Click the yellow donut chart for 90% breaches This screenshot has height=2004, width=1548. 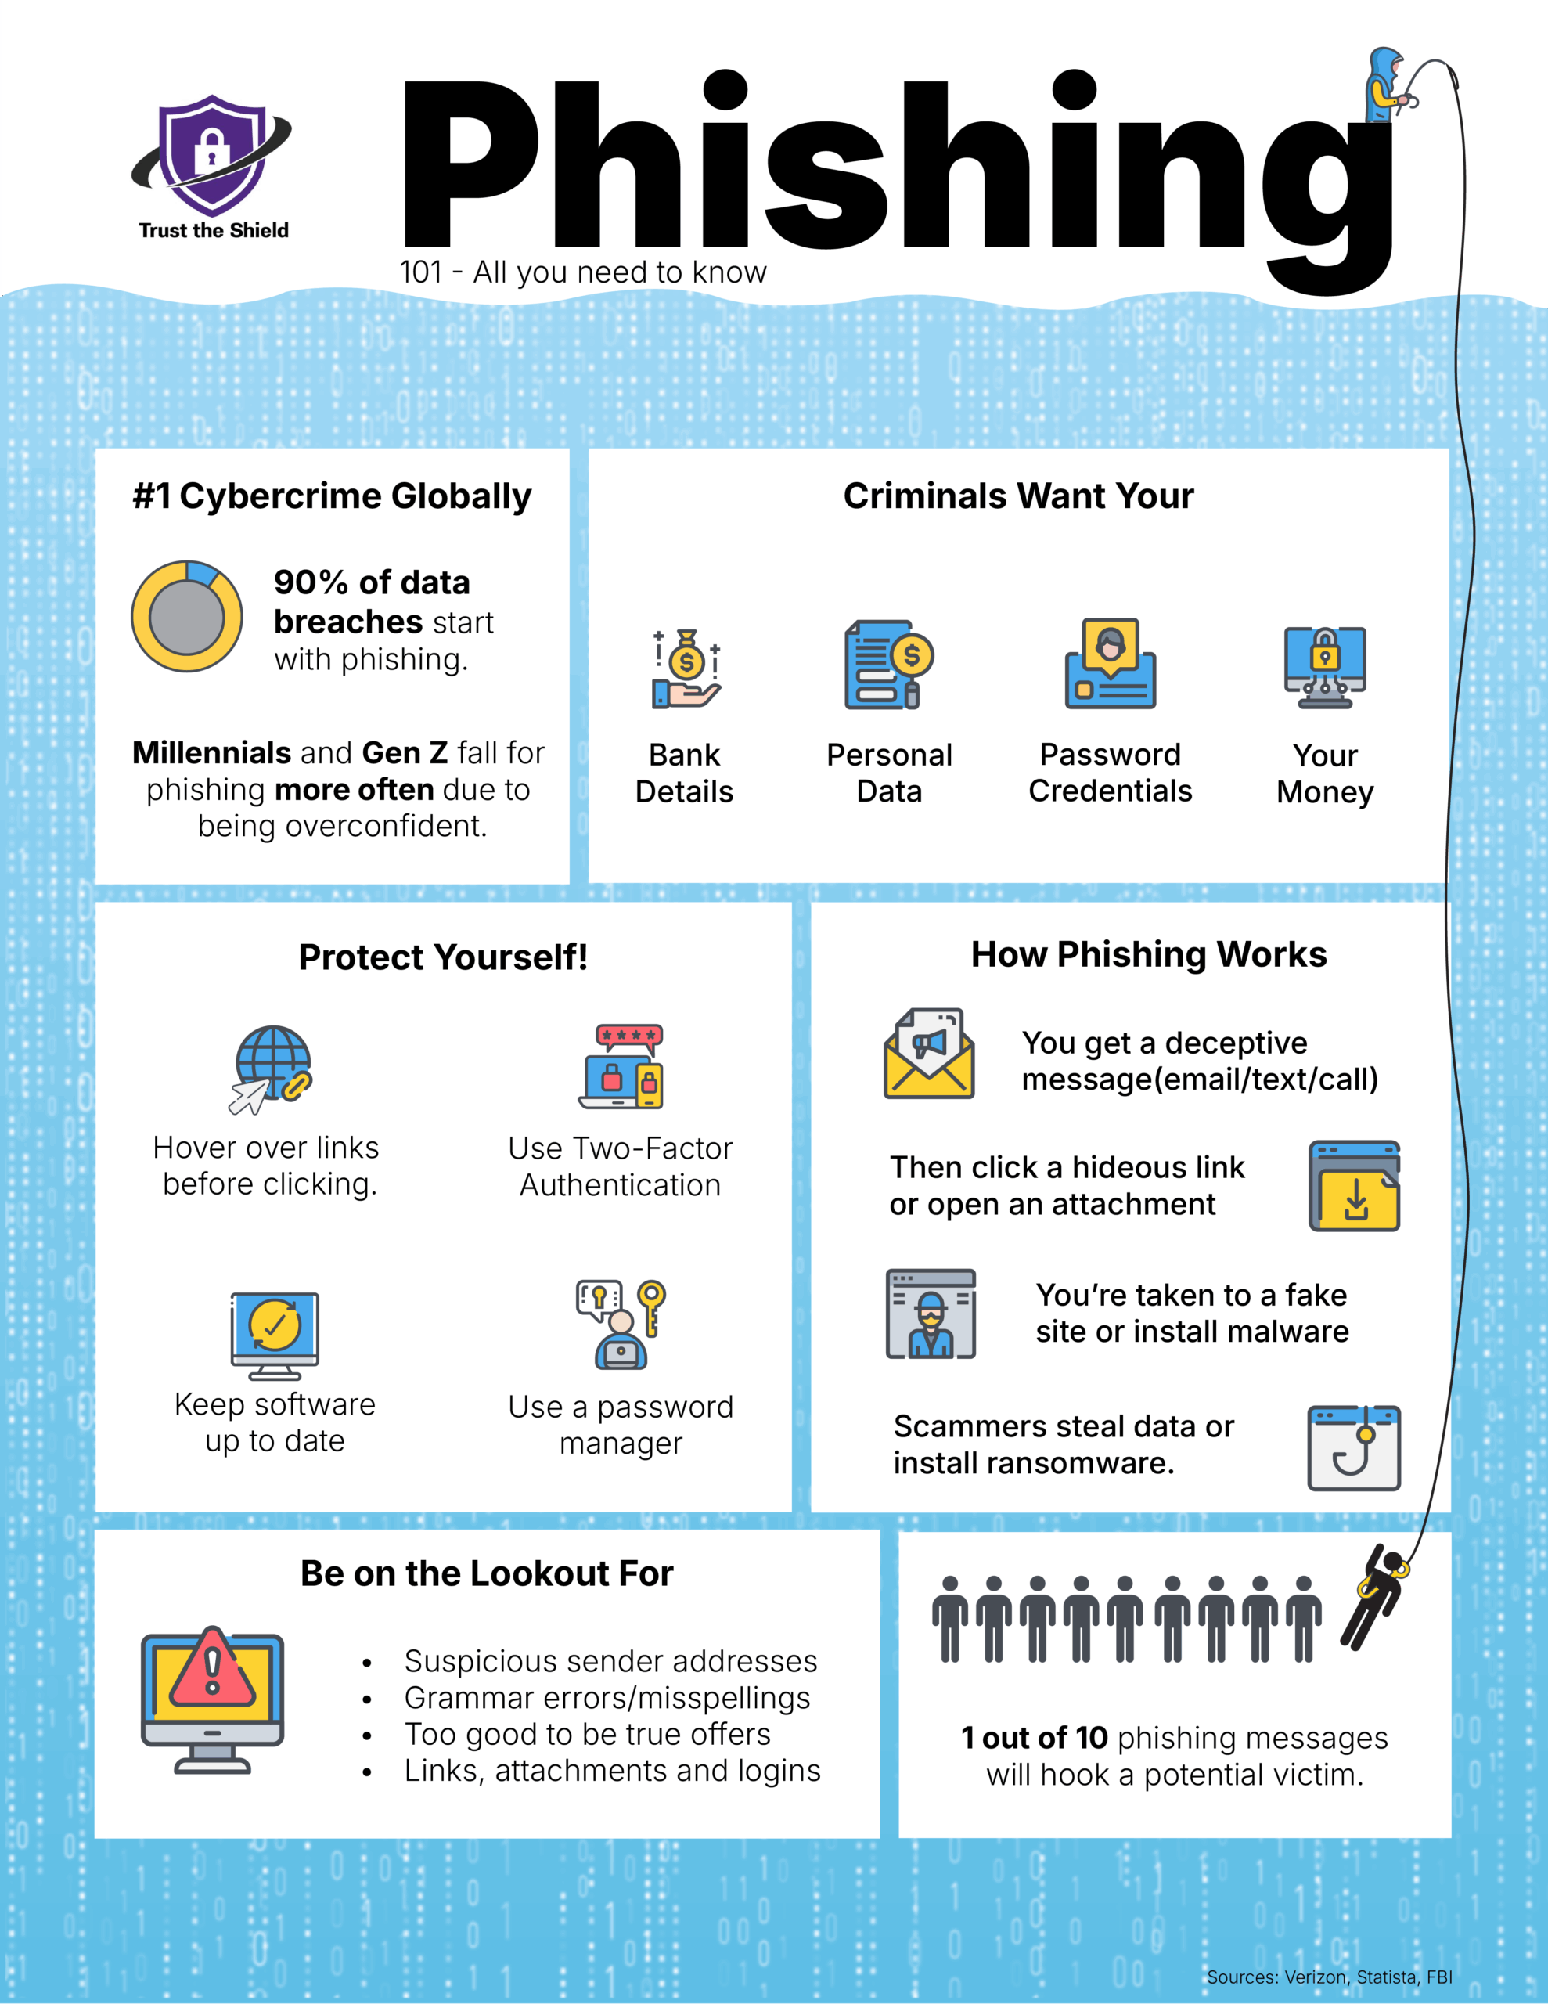point(187,616)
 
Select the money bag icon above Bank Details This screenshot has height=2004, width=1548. point(686,669)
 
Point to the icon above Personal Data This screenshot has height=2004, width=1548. point(887,665)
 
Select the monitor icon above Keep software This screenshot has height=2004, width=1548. point(275,1335)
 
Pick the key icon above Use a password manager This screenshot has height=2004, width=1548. point(622,1324)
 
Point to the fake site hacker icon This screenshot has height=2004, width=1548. point(931,1314)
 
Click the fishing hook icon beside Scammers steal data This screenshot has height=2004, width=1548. point(1355,1448)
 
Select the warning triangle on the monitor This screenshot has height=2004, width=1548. point(213,1667)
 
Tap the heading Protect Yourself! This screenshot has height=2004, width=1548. point(443,957)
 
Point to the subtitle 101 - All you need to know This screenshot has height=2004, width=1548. point(583,272)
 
